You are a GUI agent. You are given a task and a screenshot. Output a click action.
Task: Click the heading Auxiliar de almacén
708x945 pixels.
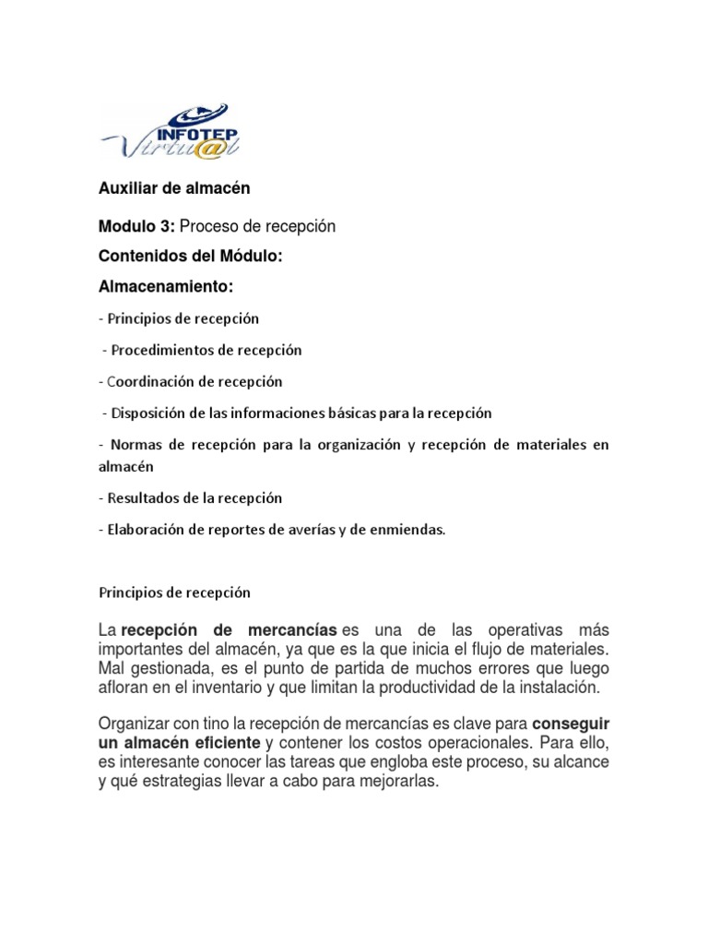pyautogui.click(x=174, y=188)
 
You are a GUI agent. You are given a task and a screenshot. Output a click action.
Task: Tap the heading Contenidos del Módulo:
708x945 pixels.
pyautogui.click(x=188, y=257)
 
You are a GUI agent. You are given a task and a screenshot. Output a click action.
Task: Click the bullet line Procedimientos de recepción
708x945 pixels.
pyautogui.click(x=205, y=350)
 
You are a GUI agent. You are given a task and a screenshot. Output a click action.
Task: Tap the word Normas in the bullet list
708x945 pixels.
pyautogui.click(x=132, y=444)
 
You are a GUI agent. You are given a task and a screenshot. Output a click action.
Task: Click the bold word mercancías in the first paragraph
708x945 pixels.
pyautogui.click(x=292, y=630)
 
